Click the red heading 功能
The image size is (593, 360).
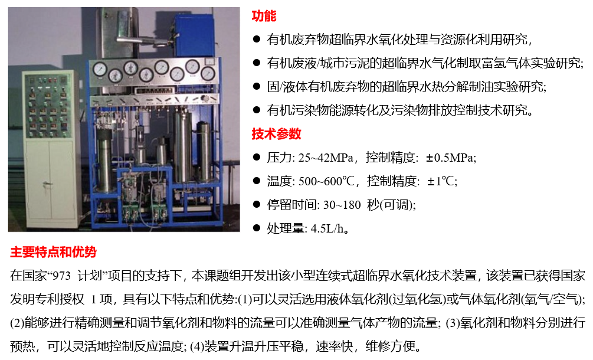click(x=264, y=16)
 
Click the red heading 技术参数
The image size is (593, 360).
click(x=277, y=134)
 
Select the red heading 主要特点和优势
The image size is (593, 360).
click(x=53, y=252)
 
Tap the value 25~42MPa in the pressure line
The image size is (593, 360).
click(x=326, y=158)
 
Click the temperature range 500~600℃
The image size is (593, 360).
click(x=326, y=181)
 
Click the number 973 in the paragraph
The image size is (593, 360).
click(x=61, y=276)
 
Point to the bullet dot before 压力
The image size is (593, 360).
click(x=257, y=158)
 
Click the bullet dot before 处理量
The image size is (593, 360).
click(x=257, y=228)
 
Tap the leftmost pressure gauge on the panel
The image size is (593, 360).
click(x=100, y=68)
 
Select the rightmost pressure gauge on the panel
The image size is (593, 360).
click(x=208, y=74)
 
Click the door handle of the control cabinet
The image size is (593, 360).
click(x=47, y=184)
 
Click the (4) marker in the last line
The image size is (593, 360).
click(x=196, y=346)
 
